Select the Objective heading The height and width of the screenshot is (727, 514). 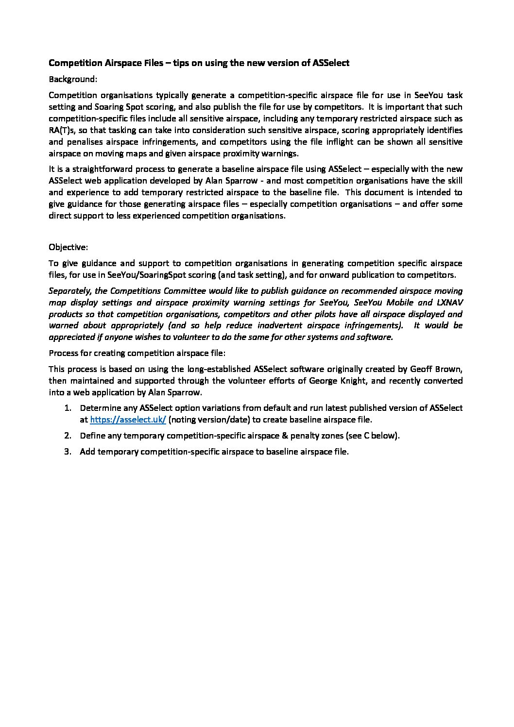tap(68, 247)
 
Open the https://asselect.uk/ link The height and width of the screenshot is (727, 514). tap(128, 420)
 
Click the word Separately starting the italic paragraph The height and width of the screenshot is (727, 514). tap(69, 291)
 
